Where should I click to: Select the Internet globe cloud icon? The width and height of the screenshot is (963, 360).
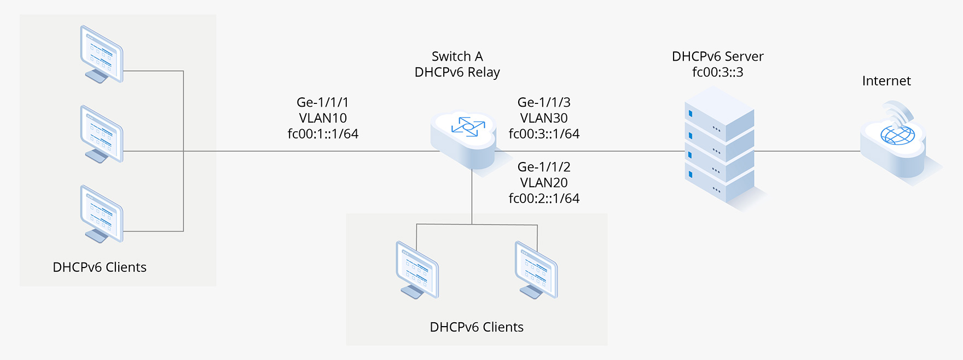point(896,142)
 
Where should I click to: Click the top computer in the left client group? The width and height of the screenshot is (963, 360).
point(101,55)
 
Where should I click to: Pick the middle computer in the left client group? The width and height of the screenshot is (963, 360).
point(101,135)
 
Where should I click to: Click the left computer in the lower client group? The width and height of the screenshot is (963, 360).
point(417,270)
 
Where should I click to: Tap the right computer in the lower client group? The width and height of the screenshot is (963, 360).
point(536,270)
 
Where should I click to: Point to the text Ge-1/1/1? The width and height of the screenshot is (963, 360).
point(323,102)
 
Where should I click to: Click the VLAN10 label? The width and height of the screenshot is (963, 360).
point(323,118)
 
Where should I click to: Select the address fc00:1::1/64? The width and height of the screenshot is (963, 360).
point(323,134)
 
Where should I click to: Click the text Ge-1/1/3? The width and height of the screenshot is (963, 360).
point(544,102)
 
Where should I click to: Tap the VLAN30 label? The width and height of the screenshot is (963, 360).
point(544,118)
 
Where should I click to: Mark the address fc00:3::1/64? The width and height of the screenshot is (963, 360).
point(544,134)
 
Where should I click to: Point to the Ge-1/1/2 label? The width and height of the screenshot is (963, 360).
point(544,167)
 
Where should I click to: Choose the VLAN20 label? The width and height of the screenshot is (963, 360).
point(544,183)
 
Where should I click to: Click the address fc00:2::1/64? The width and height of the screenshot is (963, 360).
point(544,199)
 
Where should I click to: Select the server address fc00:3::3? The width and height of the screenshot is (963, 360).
point(717,72)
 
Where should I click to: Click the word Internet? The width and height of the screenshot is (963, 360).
point(886,81)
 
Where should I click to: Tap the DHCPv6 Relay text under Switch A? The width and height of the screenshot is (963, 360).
point(457,72)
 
